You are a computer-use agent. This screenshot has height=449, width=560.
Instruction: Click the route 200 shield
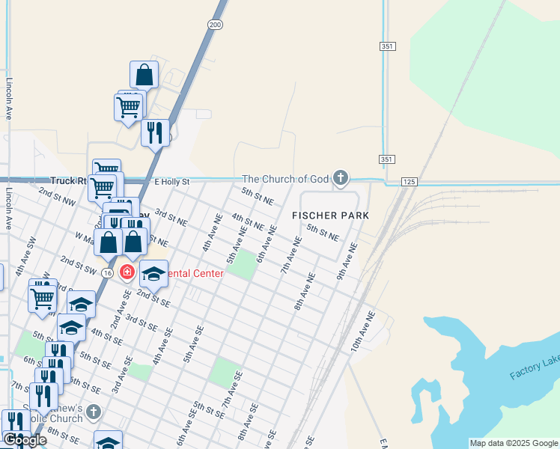(216, 25)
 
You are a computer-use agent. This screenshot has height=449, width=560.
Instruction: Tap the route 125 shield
(408, 182)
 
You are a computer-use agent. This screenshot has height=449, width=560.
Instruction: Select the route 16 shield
(109, 272)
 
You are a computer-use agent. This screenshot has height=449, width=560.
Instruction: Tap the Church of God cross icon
(341, 178)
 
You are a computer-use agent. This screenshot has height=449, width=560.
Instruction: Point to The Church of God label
(286, 179)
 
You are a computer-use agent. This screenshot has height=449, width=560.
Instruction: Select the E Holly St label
(172, 181)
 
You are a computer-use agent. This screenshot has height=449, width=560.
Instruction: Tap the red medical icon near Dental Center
(127, 272)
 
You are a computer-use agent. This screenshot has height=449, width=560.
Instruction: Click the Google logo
(24, 440)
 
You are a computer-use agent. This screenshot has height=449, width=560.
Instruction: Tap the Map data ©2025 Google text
(514, 443)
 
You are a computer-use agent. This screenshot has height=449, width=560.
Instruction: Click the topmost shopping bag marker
(144, 75)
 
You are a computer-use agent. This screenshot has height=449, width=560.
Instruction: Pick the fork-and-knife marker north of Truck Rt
(155, 132)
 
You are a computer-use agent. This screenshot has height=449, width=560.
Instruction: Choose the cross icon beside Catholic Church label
(93, 412)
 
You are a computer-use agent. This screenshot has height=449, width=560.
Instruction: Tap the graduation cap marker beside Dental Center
(153, 275)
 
